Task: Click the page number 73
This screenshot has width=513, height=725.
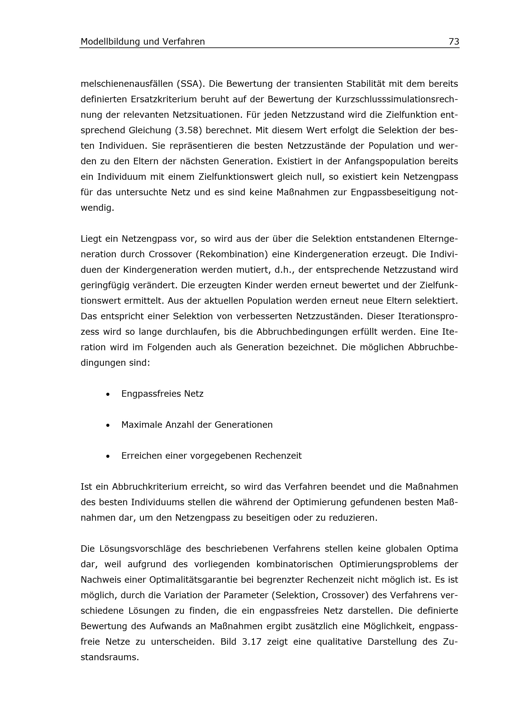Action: [x=454, y=42]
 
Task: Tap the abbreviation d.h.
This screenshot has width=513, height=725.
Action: [x=284, y=270]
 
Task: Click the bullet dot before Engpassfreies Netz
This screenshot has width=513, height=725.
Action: [x=108, y=394]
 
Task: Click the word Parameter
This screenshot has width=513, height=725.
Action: [x=245, y=595]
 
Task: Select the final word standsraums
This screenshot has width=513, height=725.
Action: [x=110, y=657]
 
